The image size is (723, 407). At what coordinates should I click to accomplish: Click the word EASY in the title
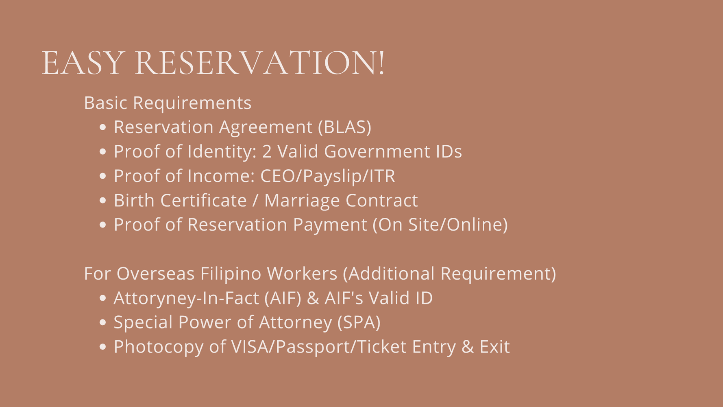(x=83, y=63)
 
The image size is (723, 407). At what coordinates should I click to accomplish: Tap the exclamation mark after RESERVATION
(x=381, y=63)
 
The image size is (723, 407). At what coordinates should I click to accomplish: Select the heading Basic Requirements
(x=168, y=103)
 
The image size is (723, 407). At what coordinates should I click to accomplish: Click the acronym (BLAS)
(x=344, y=127)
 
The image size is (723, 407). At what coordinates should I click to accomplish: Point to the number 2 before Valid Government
(x=267, y=151)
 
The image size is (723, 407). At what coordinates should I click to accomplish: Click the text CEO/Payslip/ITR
(x=327, y=176)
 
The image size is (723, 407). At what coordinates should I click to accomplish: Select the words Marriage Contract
(x=341, y=201)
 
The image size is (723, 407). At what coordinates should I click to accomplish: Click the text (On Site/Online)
(x=440, y=225)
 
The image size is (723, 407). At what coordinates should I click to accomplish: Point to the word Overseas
(x=155, y=274)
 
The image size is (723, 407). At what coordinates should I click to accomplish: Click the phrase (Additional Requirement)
(x=449, y=274)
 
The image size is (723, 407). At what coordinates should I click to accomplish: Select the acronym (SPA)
(x=359, y=322)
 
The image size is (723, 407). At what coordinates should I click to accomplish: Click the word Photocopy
(x=159, y=347)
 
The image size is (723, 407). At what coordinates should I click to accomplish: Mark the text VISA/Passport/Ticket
(x=319, y=347)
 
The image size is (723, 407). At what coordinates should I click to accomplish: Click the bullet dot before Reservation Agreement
(x=102, y=127)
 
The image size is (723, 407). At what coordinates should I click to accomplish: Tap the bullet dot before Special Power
(x=102, y=323)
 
